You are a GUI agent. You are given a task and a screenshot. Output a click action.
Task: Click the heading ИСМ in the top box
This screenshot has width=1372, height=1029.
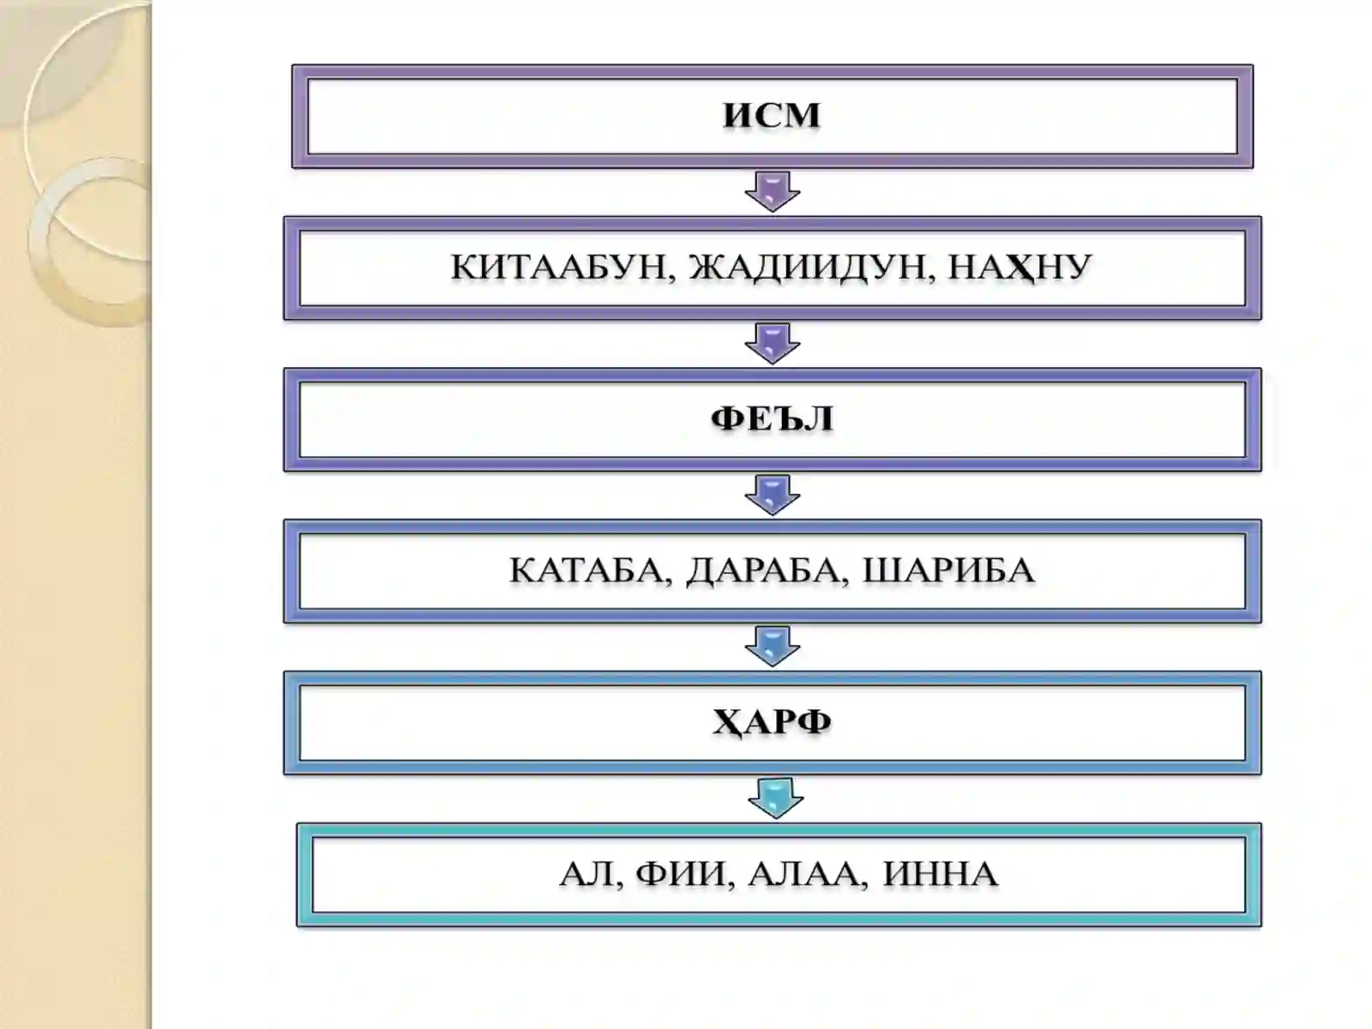tap(771, 116)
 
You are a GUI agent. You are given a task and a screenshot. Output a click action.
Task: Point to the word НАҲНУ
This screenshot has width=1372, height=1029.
tap(1020, 268)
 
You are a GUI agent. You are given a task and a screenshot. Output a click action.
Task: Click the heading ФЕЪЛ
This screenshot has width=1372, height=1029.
tap(772, 418)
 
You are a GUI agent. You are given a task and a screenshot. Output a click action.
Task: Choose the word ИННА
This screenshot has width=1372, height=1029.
tap(940, 874)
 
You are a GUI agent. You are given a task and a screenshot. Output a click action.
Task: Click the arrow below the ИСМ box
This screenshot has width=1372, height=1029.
tap(773, 192)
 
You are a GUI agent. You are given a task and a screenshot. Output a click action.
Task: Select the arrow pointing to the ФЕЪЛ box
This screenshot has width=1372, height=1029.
tap(773, 344)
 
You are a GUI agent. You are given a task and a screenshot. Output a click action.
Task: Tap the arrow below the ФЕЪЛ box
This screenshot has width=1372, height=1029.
tap(773, 495)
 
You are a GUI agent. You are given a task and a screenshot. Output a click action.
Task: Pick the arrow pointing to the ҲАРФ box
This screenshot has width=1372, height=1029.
tap(773, 647)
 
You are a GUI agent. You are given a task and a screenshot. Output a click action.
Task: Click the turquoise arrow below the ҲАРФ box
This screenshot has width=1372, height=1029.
tap(776, 798)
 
